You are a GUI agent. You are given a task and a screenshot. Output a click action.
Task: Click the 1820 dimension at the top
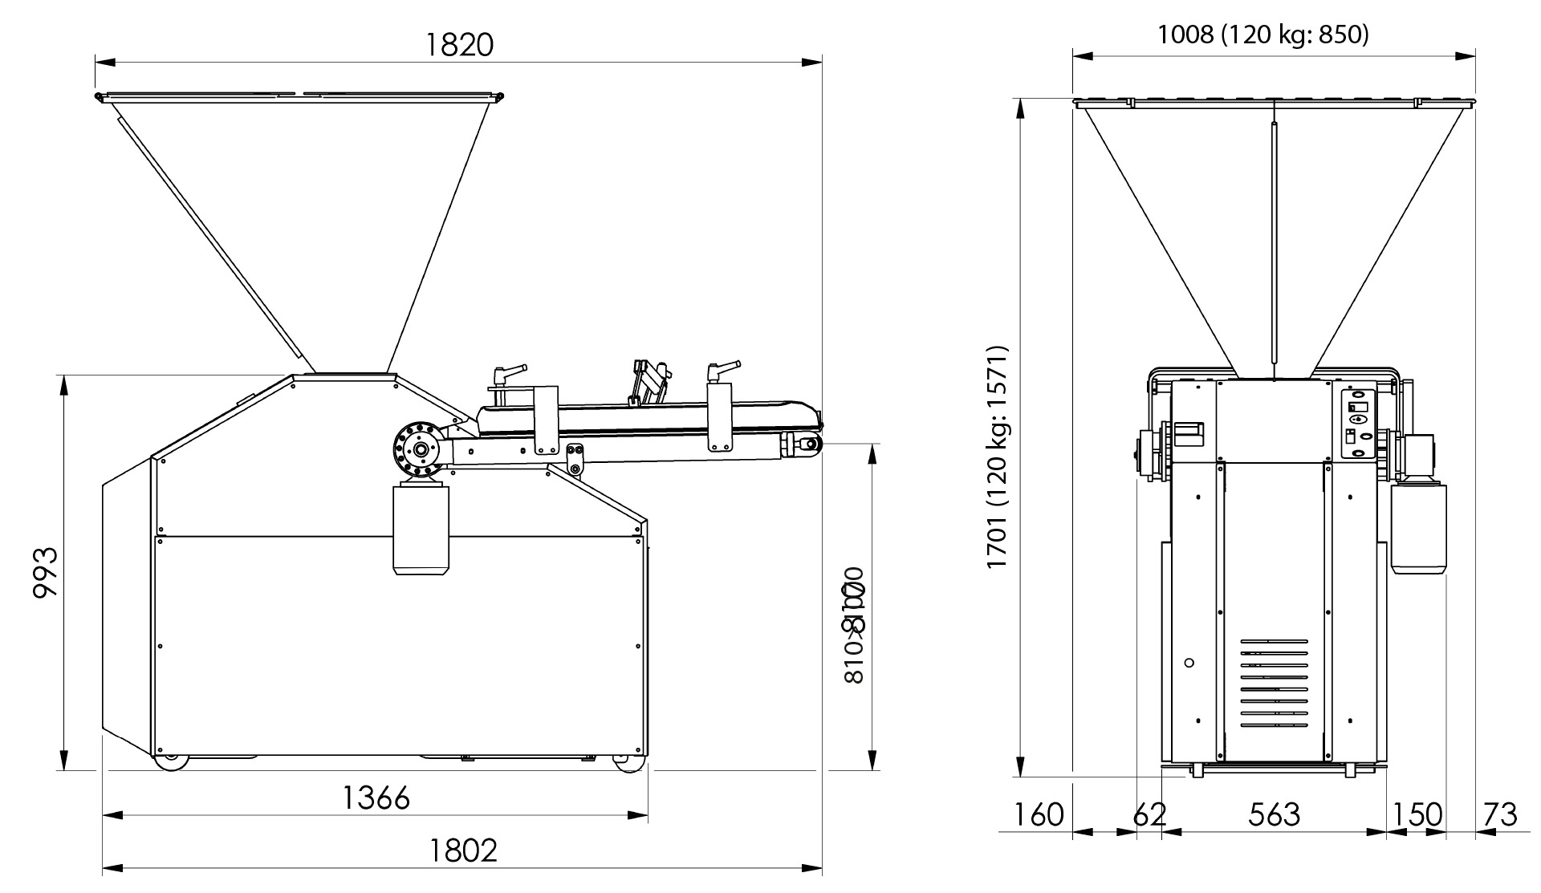[x=458, y=45]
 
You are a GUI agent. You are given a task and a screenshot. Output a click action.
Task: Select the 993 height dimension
[x=46, y=573]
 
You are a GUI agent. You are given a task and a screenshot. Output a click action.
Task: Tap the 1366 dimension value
[x=376, y=798]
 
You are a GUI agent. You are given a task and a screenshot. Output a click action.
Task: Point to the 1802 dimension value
[x=463, y=850]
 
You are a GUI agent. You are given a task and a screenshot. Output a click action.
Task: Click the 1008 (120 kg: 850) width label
[x=1262, y=35]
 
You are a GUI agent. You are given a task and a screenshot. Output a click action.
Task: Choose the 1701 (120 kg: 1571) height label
[x=997, y=457]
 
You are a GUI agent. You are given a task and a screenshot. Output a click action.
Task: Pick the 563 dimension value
[x=1274, y=814]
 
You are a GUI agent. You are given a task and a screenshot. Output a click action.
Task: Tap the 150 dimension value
[x=1417, y=814]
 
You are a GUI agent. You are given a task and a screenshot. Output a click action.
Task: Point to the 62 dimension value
[x=1149, y=814]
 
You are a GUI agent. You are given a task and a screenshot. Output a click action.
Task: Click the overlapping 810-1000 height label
[x=853, y=625]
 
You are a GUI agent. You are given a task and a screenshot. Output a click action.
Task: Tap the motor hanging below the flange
[x=421, y=530]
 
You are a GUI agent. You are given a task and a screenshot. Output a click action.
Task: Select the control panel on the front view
[x=1359, y=423]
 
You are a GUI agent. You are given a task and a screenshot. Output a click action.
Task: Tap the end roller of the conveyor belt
[x=806, y=444]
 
